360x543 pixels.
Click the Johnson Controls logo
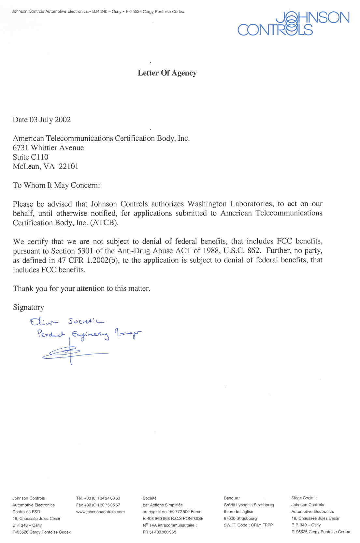click(294, 23)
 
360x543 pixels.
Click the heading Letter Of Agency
click(167, 73)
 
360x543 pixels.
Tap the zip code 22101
click(69, 167)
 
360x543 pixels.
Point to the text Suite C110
click(30, 157)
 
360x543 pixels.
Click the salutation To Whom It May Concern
click(56, 186)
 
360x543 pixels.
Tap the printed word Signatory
click(28, 308)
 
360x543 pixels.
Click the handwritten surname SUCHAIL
click(86, 322)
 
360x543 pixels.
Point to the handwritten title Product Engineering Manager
click(90, 334)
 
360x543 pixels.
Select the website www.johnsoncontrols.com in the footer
click(100, 512)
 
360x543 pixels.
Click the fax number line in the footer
click(98, 505)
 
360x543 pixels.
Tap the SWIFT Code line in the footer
click(248, 525)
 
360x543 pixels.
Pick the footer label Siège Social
click(304, 498)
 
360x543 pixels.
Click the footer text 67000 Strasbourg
click(240, 518)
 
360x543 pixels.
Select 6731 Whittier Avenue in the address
click(48, 148)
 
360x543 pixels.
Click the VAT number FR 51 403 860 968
click(159, 532)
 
